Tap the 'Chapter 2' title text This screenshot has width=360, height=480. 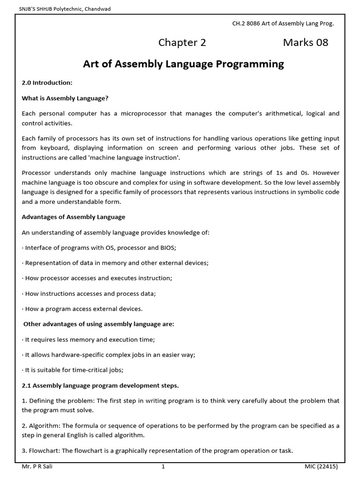click(x=182, y=43)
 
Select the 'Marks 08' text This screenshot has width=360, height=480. click(x=306, y=43)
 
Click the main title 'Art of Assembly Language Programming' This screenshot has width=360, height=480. click(x=183, y=64)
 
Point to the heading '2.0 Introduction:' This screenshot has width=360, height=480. click(x=47, y=83)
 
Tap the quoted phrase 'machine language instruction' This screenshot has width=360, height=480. click(x=139, y=158)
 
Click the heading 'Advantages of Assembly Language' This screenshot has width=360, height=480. click(x=74, y=217)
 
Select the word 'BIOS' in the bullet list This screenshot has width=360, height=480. click(x=166, y=247)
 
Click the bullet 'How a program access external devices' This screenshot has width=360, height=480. click(x=83, y=309)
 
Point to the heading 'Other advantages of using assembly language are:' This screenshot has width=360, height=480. click(x=98, y=324)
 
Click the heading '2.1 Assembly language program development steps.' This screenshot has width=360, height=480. click(x=100, y=386)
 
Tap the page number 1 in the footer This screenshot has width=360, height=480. click(x=163, y=467)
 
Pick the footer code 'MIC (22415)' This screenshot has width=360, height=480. click(x=321, y=467)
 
